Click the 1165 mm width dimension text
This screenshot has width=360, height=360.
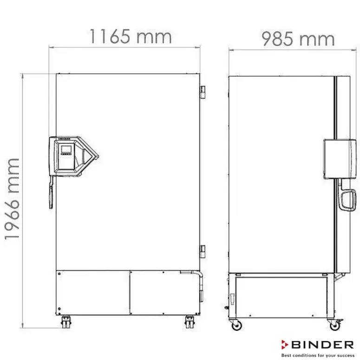[131, 36]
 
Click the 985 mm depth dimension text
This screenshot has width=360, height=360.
[298, 39]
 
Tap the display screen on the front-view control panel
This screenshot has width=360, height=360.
[66, 151]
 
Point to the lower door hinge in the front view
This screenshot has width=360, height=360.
[203, 250]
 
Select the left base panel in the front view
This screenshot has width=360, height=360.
[92, 293]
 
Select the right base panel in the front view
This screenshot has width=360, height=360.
[160, 293]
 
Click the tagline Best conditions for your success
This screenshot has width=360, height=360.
[317, 355]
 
